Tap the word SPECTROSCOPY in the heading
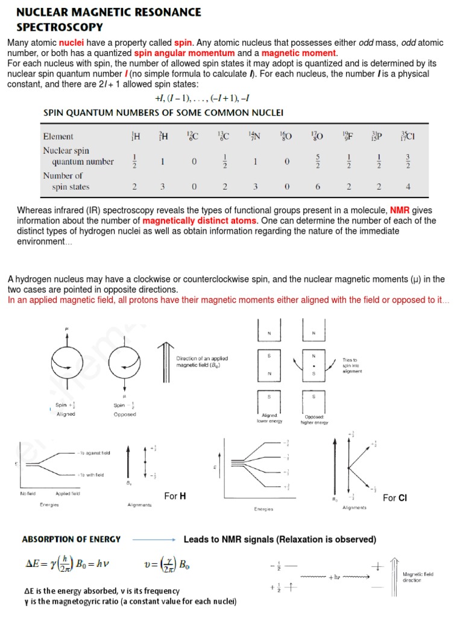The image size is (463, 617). pos(59,27)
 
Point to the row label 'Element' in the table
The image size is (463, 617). pos(58,136)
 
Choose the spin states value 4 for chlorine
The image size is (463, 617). pos(408,187)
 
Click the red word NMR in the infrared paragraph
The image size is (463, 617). pos(400,210)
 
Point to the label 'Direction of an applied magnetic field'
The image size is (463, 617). pos(202,362)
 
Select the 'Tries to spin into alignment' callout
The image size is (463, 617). pos(353,365)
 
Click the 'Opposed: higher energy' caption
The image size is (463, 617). pos(314,420)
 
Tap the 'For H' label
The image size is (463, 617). pos(175,496)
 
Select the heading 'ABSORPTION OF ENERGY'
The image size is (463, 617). pos(71,539)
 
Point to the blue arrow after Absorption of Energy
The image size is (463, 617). pos(153,540)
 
